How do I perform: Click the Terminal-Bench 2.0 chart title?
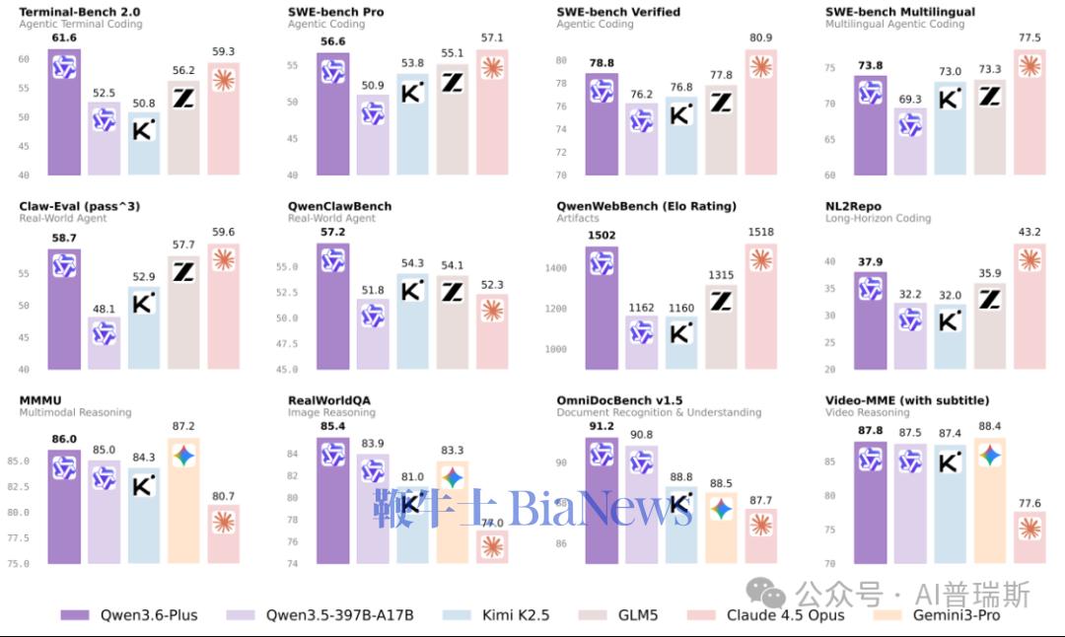pos(81,12)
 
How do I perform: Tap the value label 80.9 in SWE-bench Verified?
pos(760,38)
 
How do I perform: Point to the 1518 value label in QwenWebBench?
pos(760,233)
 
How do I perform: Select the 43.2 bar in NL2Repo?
pos(1029,306)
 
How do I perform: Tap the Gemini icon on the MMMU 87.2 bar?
pos(183,456)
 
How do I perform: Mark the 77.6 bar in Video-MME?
pos(1029,537)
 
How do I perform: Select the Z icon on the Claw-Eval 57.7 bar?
pos(183,271)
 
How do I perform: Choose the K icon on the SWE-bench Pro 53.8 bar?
pos(412,93)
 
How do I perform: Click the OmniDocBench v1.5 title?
pos(619,400)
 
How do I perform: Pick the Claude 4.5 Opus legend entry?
pos(785,615)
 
